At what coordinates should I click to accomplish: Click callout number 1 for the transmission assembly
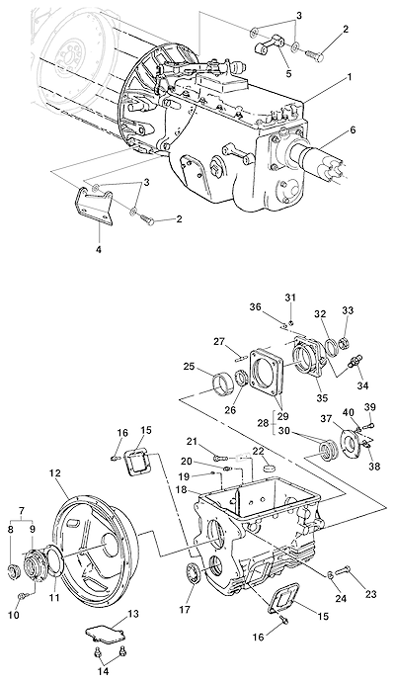[349, 77]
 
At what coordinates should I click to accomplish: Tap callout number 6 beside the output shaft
[353, 129]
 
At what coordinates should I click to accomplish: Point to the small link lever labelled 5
[270, 44]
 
